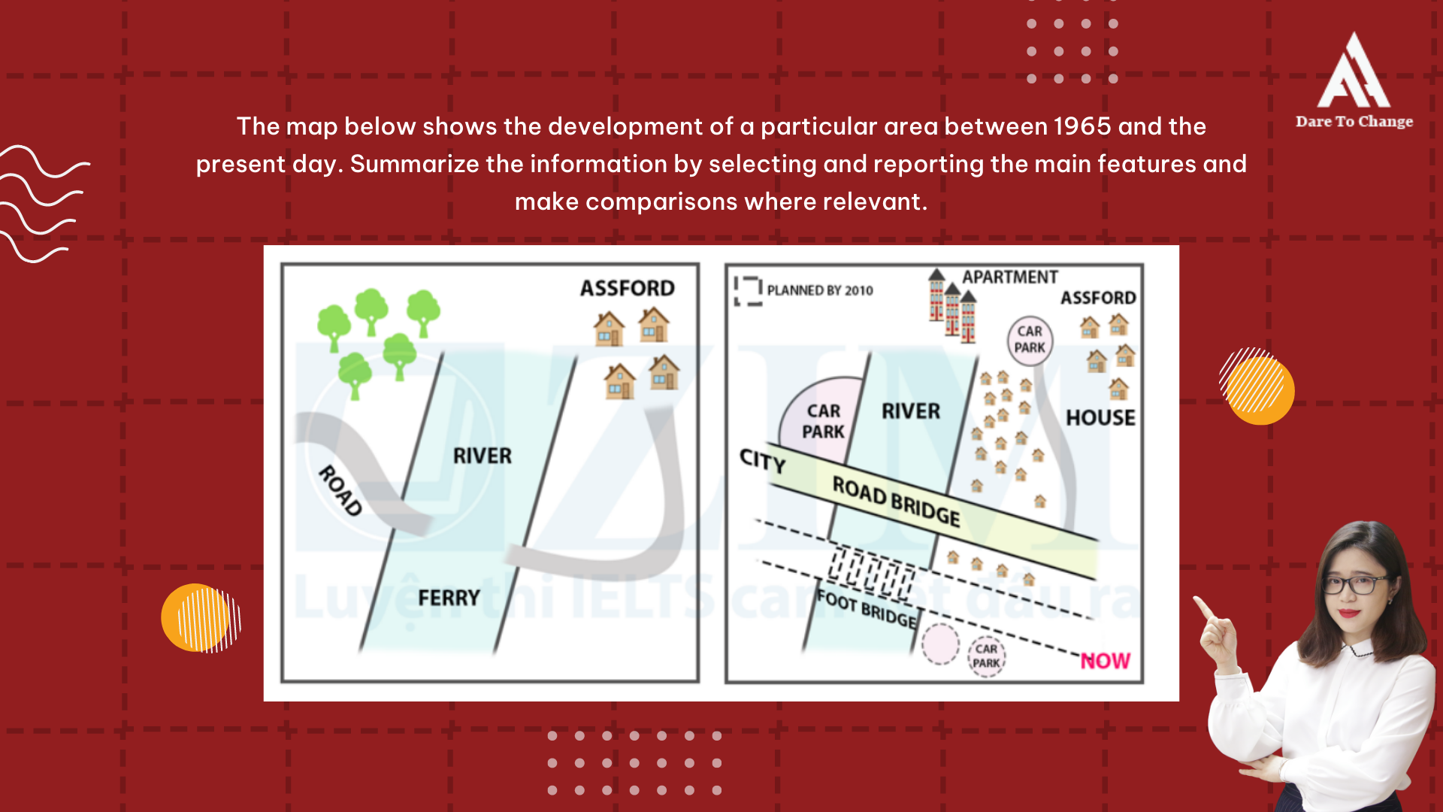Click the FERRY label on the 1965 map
(449, 598)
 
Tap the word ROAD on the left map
(340, 490)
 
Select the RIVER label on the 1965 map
(482, 456)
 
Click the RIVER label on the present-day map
(911, 411)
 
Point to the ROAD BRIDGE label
(896, 501)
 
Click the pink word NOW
(1105, 661)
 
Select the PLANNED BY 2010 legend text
(820, 291)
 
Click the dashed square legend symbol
(749, 290)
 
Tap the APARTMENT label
(1009, 277)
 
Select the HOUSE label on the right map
(1100, 418)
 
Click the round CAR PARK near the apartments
(1030, 340)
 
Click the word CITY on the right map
(762, 459)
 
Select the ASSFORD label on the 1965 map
(627, 288)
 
